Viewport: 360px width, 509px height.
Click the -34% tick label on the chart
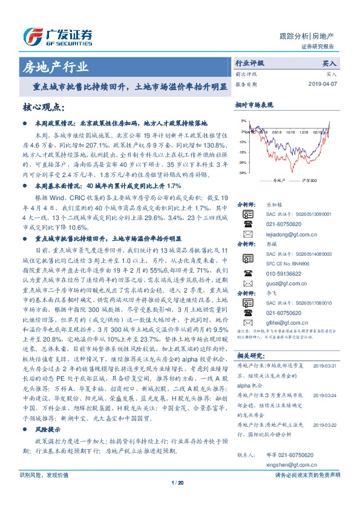point(242,173)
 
